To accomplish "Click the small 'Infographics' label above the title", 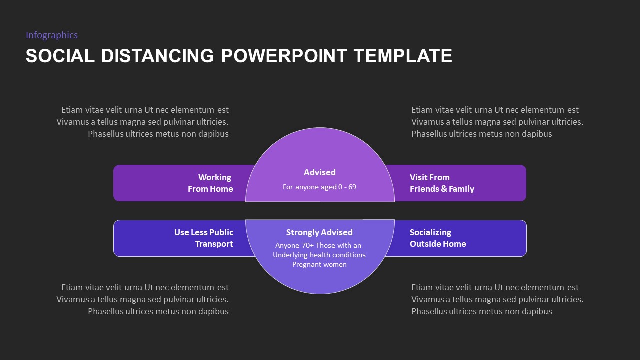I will [52, 35].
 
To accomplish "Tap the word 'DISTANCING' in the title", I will [158, 56].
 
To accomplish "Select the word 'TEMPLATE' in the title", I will [403, 56].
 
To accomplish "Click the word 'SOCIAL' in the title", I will [60, 56].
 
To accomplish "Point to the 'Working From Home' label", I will [210, 183].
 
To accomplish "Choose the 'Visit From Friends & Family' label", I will [442, 183].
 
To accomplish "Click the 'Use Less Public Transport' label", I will [204, 238].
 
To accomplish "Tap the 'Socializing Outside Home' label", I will [438, 238].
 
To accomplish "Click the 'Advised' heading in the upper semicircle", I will [320, 172].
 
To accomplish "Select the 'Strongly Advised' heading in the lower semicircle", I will [319, 232].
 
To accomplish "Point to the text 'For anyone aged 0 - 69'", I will [319, 187].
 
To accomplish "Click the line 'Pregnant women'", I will [319, 264].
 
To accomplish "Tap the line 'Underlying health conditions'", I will [319, 255].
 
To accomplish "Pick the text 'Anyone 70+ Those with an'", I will [318, 245].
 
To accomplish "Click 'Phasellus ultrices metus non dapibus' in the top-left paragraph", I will [158, 134].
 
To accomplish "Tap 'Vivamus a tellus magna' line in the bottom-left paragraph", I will [142, 299].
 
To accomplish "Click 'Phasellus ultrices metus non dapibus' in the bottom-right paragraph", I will [482, 311].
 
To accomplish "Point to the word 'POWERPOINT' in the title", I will [284, 56].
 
